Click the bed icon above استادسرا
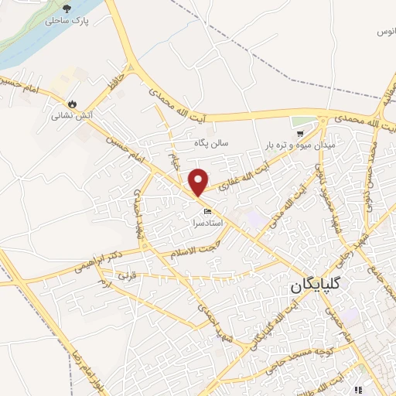(207, 211)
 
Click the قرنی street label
(125, 276)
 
